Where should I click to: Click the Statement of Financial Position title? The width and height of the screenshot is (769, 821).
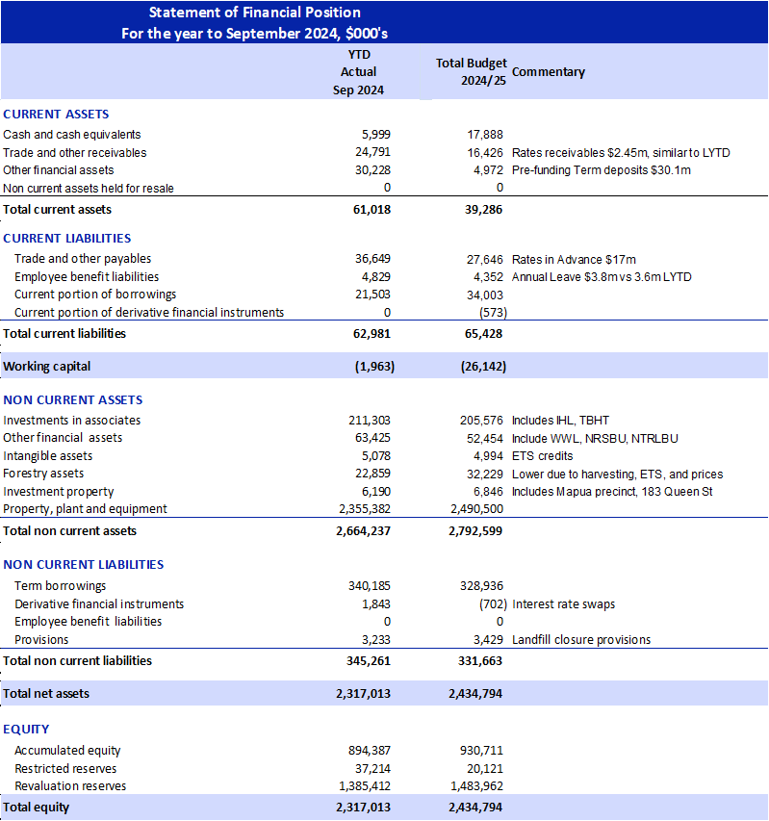255,13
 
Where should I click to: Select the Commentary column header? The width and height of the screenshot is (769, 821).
549,72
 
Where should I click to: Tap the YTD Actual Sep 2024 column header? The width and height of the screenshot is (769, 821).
358,72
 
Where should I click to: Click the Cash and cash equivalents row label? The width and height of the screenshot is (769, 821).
72,135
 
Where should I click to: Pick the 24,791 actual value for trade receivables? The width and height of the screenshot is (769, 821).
372,152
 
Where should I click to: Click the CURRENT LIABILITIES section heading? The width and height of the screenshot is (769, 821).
67,238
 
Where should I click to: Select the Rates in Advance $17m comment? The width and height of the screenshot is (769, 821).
574,259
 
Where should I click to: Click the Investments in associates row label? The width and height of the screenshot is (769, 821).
72,421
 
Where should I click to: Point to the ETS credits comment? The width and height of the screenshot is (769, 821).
542,456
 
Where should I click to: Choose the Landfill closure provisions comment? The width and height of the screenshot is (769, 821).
581,640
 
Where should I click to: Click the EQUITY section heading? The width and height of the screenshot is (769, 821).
27,729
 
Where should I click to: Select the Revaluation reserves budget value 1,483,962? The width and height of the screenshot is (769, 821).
476,786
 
